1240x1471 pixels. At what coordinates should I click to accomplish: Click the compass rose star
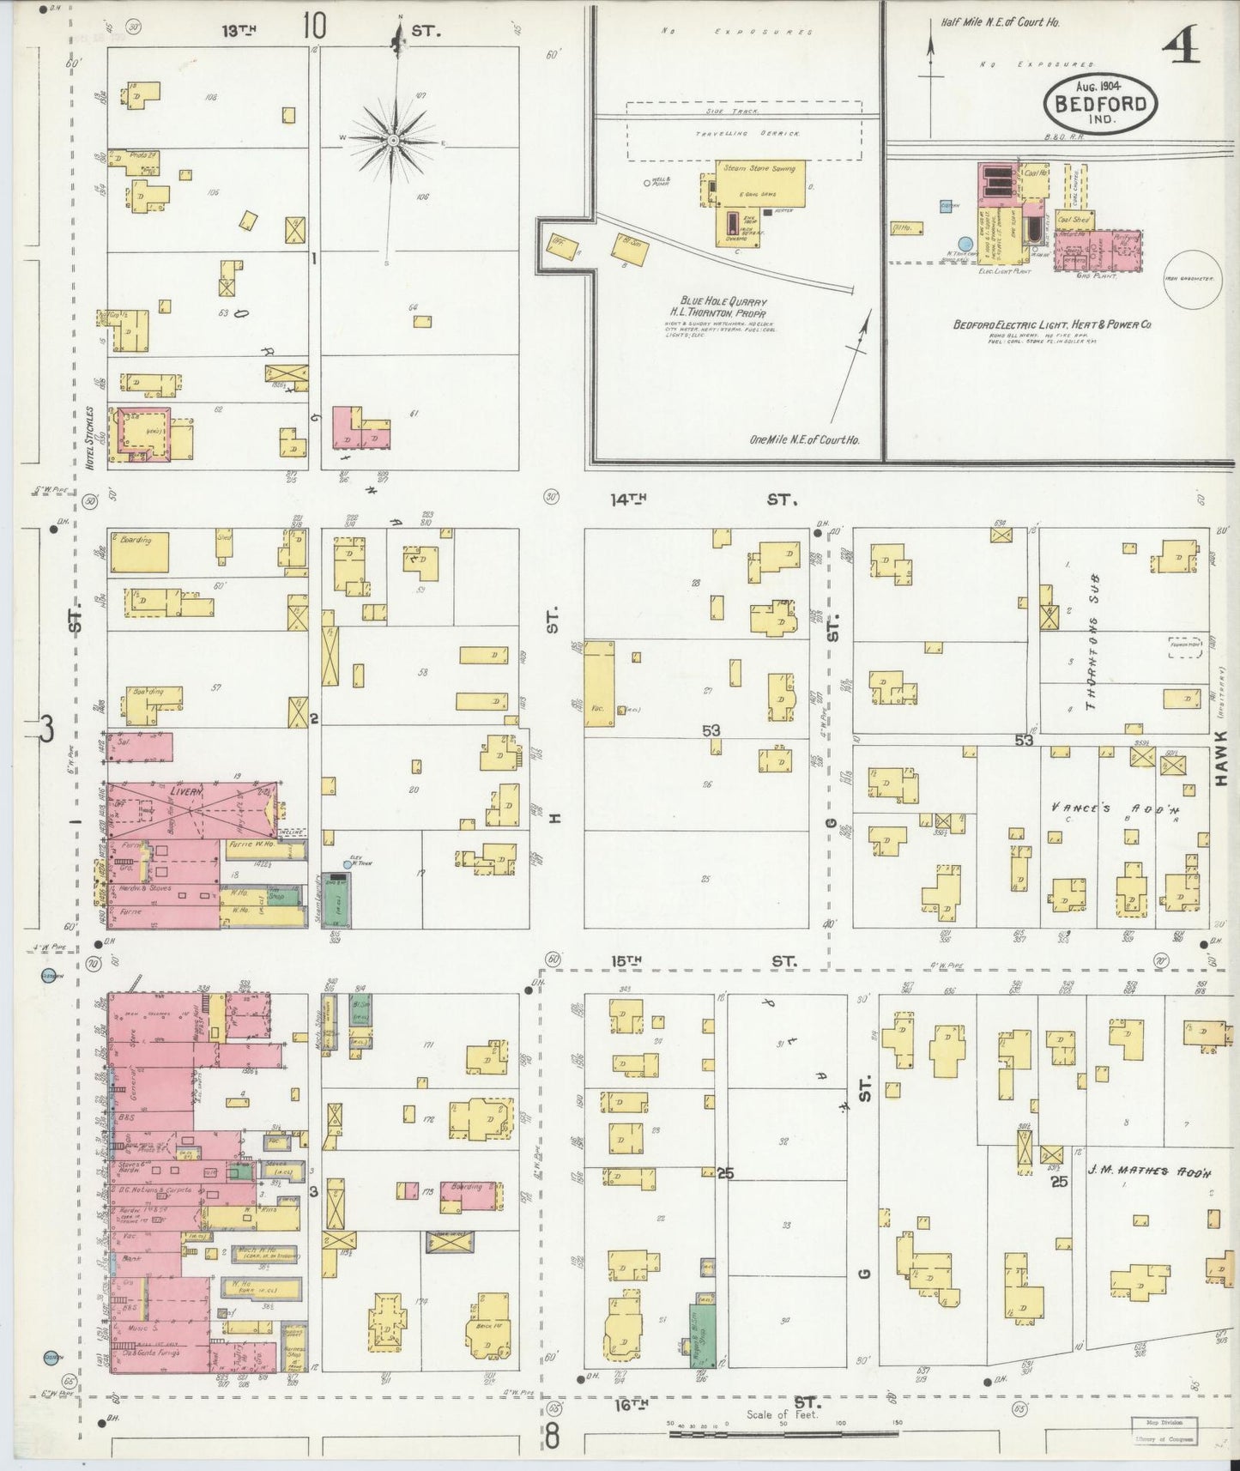[393, 139]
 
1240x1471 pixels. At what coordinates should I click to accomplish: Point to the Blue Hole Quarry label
[723, 303]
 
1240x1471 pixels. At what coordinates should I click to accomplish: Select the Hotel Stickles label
[89, 434]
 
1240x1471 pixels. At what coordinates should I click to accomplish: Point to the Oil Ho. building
[904, 227]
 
